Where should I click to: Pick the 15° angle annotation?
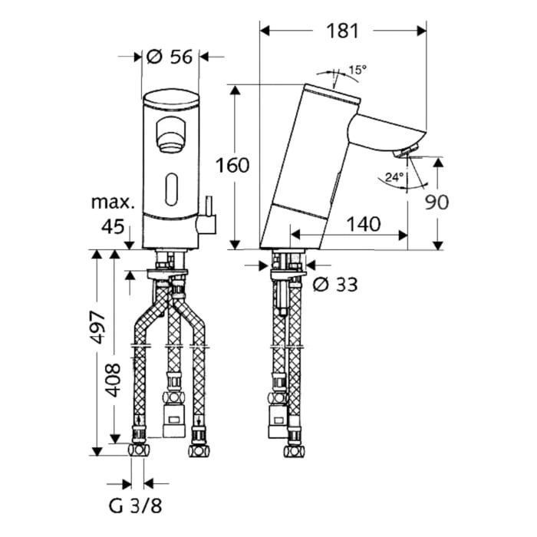(357, 70)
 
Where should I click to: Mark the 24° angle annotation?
(393, 176)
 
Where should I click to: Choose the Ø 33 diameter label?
(335, 285)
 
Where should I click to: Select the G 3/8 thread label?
(137, 506)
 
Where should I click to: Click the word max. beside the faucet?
(114, 203)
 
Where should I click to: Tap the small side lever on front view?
(207, 222)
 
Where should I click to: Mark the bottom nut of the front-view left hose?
(139, 449)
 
